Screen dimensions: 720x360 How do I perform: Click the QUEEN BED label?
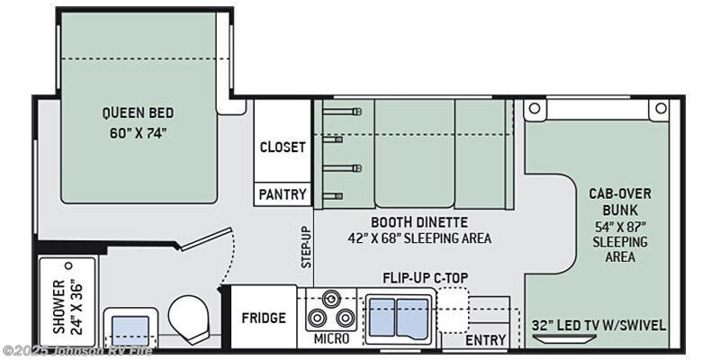click(138, 112)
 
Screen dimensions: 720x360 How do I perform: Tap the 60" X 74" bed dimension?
click(138, 133)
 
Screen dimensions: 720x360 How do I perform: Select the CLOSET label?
click(283, 147)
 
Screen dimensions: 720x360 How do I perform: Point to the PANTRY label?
click(283, 194)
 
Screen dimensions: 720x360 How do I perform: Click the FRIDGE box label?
click(264, 318)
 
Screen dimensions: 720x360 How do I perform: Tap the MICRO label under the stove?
click(331, 339)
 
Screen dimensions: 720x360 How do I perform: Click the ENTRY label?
click(485, 340)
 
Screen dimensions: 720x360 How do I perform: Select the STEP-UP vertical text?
click(306, 247)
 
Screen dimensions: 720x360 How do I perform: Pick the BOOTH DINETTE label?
click(419, 222)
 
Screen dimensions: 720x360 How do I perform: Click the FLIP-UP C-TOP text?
click(425, 278)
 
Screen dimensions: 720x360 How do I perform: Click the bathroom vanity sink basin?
click(130, 330)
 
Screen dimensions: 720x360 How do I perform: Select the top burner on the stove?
click(331, 299)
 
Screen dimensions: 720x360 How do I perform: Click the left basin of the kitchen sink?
click(382, 318)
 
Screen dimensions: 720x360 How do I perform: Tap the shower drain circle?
click(69, 265)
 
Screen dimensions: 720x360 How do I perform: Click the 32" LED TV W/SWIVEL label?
click(598, 326)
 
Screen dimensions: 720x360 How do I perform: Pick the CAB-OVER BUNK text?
click(620, 202)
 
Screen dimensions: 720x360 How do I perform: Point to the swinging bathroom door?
click(205, 238)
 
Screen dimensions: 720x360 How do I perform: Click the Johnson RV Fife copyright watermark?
click(76, 352)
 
